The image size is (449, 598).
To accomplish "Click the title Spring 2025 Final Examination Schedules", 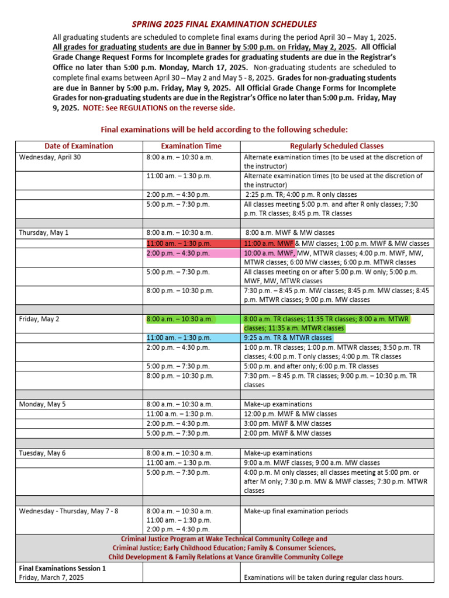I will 224,24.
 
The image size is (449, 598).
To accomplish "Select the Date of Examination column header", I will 78,146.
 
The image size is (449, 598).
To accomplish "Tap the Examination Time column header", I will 191,146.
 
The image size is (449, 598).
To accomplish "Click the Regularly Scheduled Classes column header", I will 337,146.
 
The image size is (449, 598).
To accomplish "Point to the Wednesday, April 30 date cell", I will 50,157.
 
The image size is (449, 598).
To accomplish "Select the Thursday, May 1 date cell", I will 44,232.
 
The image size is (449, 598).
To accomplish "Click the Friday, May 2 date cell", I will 39,319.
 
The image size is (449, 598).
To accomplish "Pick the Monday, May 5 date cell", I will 43,404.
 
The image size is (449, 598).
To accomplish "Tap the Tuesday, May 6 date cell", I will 43,453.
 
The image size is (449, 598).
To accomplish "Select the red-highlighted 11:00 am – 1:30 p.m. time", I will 179,244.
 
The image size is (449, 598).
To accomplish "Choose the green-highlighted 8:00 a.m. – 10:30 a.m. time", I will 179,319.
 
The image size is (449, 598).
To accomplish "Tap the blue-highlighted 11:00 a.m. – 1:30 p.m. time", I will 179,338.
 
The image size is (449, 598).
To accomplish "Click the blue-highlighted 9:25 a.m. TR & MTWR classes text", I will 287,338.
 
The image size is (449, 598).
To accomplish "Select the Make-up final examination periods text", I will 295,511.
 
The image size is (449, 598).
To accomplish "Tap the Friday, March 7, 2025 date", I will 51,578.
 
